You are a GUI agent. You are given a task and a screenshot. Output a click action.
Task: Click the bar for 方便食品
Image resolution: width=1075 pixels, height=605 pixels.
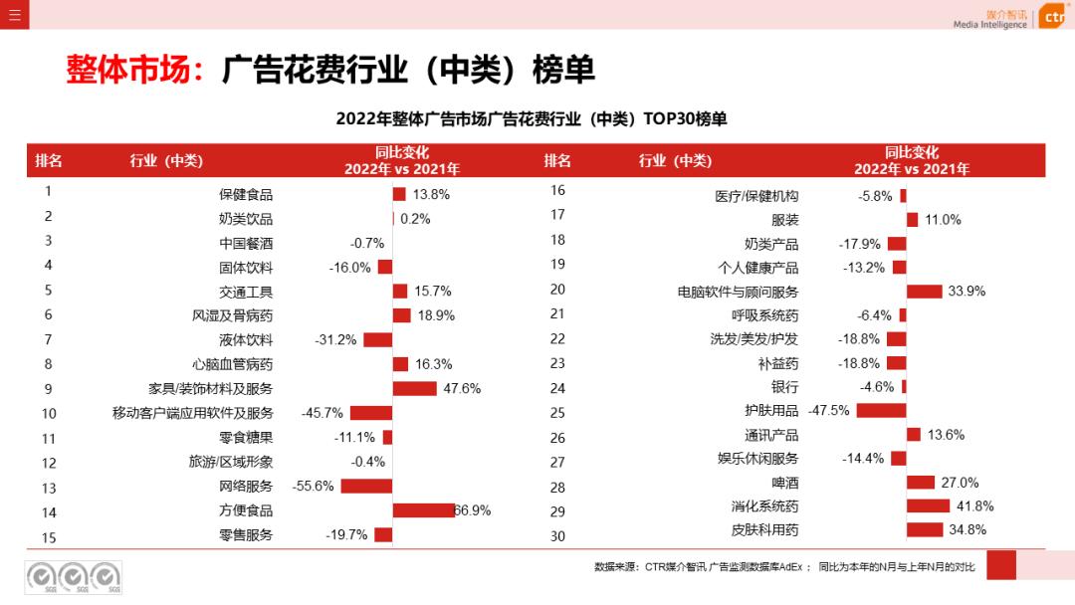[x=424, y=510]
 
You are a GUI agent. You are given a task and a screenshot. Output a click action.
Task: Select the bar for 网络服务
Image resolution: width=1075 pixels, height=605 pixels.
[x=366, y=487]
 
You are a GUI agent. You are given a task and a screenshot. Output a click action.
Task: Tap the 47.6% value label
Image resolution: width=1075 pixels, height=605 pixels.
[x=462, y=388]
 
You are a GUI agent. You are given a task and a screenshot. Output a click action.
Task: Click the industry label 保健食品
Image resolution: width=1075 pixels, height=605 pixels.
[x=246, y=195]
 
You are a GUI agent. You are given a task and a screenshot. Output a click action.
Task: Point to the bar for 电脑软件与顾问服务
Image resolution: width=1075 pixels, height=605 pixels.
[x=924, y=292]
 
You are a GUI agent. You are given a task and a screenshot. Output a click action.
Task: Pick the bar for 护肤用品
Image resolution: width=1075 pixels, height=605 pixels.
[x=881, y=410]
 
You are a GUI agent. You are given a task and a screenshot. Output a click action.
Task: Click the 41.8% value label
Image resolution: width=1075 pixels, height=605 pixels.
[x=974, y=506]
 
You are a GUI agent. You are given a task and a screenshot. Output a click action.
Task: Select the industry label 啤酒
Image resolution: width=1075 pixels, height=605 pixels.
[x=784, y=483]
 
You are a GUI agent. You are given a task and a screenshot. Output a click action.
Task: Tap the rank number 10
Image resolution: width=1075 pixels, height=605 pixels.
[x=49, y=414]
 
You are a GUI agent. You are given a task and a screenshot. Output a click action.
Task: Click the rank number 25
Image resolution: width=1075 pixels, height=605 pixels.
[x=557, y=413]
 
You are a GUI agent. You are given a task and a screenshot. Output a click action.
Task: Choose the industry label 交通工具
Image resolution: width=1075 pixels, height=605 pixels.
[x=246, y=292]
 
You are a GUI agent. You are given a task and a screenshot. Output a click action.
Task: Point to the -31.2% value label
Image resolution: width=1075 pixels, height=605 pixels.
[x=335, y=340]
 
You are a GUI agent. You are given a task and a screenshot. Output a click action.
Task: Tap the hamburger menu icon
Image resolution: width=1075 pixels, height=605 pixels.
[x=14, y=15]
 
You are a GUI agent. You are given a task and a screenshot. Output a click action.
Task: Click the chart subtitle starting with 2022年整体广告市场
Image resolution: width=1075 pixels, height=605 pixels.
[x=532, y=119]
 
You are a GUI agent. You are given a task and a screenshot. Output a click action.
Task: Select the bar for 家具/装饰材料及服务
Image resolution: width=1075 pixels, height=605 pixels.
[x=415, y=388]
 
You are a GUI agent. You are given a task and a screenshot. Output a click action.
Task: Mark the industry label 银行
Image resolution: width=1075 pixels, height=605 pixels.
[x=784, y=387]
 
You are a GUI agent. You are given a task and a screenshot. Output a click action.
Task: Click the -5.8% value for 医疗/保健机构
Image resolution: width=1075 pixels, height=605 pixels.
[x=875, y=197]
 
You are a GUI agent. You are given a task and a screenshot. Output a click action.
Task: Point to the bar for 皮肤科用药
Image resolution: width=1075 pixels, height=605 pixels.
[x=925, y=529]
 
